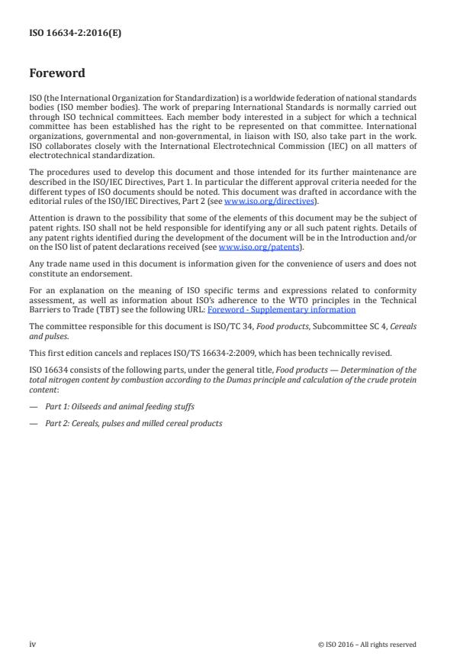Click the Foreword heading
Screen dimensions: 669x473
57,74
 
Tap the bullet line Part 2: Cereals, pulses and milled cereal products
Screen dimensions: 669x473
134,423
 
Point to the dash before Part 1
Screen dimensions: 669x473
33,407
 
